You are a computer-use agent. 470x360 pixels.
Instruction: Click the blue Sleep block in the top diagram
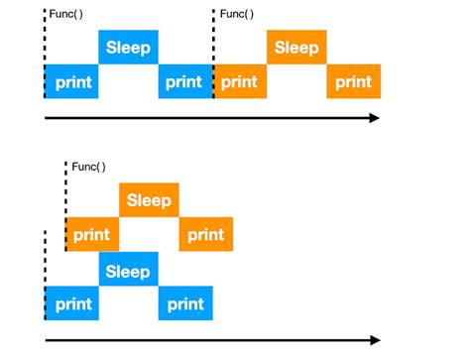pos(128,48)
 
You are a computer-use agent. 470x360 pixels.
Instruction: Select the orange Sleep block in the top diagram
pos(296,48)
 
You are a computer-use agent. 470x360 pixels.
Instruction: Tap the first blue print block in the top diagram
pos(72,82)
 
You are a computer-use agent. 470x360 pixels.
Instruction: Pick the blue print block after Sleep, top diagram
pos(186,82)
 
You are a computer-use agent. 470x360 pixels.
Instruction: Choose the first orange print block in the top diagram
pos(241,82)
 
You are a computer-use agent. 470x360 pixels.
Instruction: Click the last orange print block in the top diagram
pos(353,82)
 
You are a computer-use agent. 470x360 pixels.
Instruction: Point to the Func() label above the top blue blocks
pos(66,14)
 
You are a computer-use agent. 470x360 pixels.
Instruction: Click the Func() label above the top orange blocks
pos(235,14)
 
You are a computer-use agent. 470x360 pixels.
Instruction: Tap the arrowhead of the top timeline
pos(374,118)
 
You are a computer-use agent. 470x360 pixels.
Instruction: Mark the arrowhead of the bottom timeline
pos(374,340)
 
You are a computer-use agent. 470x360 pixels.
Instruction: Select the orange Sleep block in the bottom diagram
pos(149,199)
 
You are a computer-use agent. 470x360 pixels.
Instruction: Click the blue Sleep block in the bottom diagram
pos(128,271)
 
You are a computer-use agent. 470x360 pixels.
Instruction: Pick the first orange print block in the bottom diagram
pos(93,235)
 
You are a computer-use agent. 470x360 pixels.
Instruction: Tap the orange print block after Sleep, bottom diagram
pos(206,235)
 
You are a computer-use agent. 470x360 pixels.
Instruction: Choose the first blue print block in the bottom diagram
pos(72,304)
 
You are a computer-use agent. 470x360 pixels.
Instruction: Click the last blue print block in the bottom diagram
pos(185,304)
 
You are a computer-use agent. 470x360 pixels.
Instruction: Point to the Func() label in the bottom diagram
pos(87,167)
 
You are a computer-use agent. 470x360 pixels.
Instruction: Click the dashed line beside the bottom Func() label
pos(65,188)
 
